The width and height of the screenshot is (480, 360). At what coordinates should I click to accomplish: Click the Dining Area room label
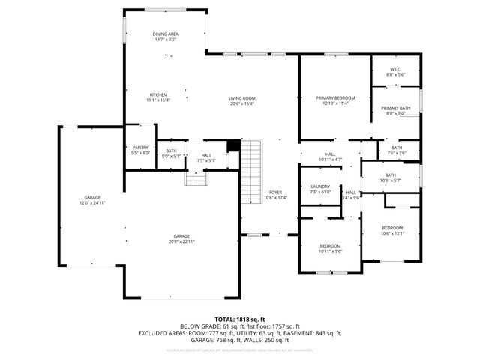click(x=165, y=34)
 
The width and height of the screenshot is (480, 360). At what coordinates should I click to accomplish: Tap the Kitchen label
click(x=158, y=94)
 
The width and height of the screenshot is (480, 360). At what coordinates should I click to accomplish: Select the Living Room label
click(x=241, y=98)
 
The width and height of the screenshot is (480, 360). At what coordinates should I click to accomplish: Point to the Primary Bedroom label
click(x=335, y=98)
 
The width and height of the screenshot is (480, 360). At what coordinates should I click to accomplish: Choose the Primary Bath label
click(x=395, y=109)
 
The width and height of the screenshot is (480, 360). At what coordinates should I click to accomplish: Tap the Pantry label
click(x=140, y=148)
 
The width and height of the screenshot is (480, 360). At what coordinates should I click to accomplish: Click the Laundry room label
click(x=320, y=187)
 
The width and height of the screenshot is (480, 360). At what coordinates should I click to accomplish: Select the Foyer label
click(x=275, y=193)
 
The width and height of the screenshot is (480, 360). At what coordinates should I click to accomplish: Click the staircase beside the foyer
click(x=252, y=173)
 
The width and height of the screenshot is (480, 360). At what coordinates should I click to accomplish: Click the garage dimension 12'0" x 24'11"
click(x=92, y=203)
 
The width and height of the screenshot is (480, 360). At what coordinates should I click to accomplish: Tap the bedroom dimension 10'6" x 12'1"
click(x=392, y=232)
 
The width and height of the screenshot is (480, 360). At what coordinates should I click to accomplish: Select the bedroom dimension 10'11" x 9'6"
click(x=331, y=251)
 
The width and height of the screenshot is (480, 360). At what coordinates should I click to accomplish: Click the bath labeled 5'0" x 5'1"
click(x=171, y=157)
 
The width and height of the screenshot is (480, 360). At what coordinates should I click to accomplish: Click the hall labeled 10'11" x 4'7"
click(x=330, y=159)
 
